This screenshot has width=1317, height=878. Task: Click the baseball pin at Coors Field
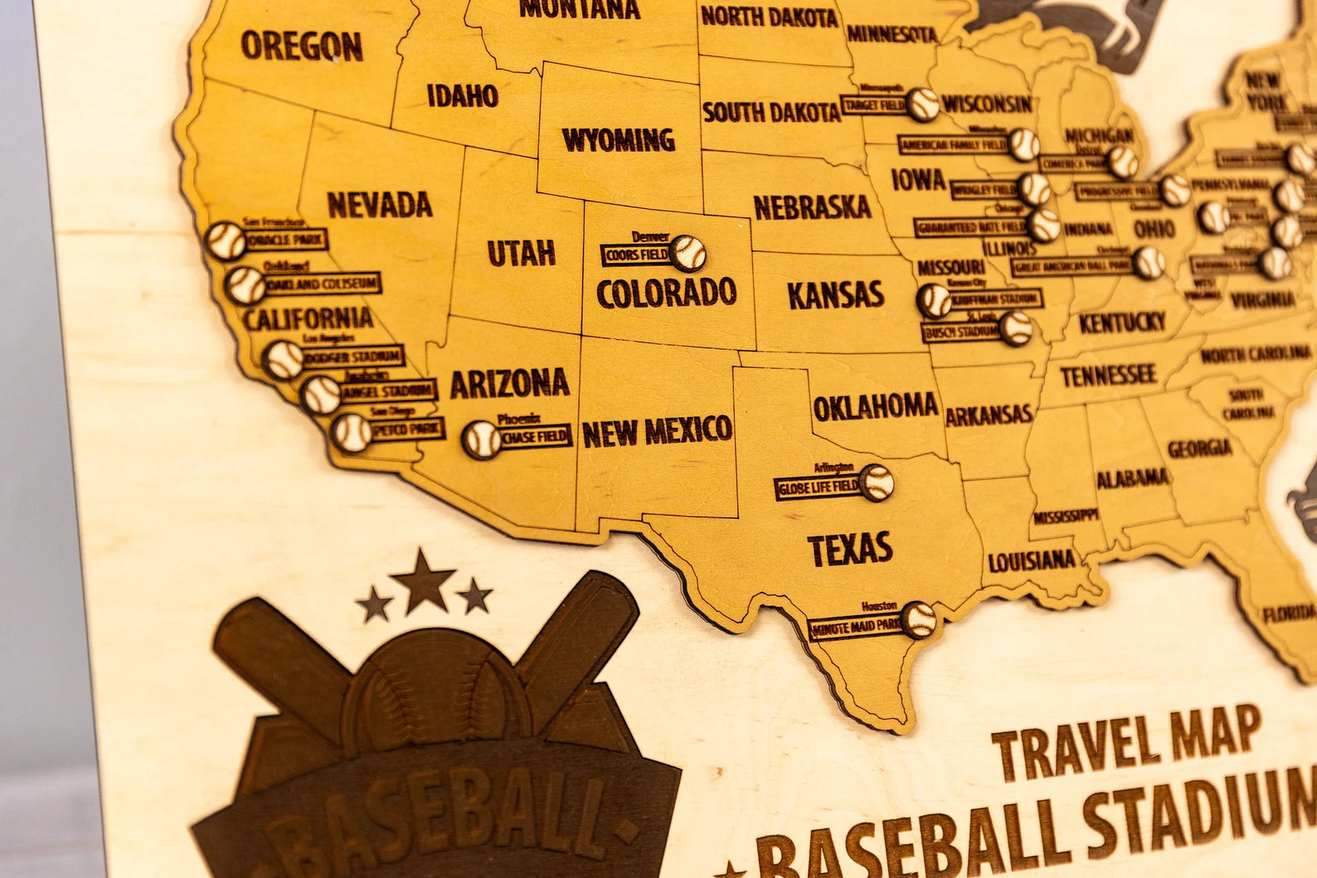688,251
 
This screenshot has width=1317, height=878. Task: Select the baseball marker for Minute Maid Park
919,618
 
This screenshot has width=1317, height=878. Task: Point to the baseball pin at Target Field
922,104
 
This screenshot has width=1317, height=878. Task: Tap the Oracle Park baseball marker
226,240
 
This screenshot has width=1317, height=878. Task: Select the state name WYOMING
618,140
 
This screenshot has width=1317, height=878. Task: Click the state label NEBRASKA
812,206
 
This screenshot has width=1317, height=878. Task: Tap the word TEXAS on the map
850,548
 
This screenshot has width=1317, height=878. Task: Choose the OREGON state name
302,46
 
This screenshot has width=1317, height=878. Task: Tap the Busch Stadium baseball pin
1015,327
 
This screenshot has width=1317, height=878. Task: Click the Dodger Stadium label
352,358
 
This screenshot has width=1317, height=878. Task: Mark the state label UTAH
521,253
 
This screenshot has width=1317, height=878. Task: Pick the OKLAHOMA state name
875,406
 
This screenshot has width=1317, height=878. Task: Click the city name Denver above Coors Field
650,237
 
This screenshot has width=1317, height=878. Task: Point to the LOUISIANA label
1032,561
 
